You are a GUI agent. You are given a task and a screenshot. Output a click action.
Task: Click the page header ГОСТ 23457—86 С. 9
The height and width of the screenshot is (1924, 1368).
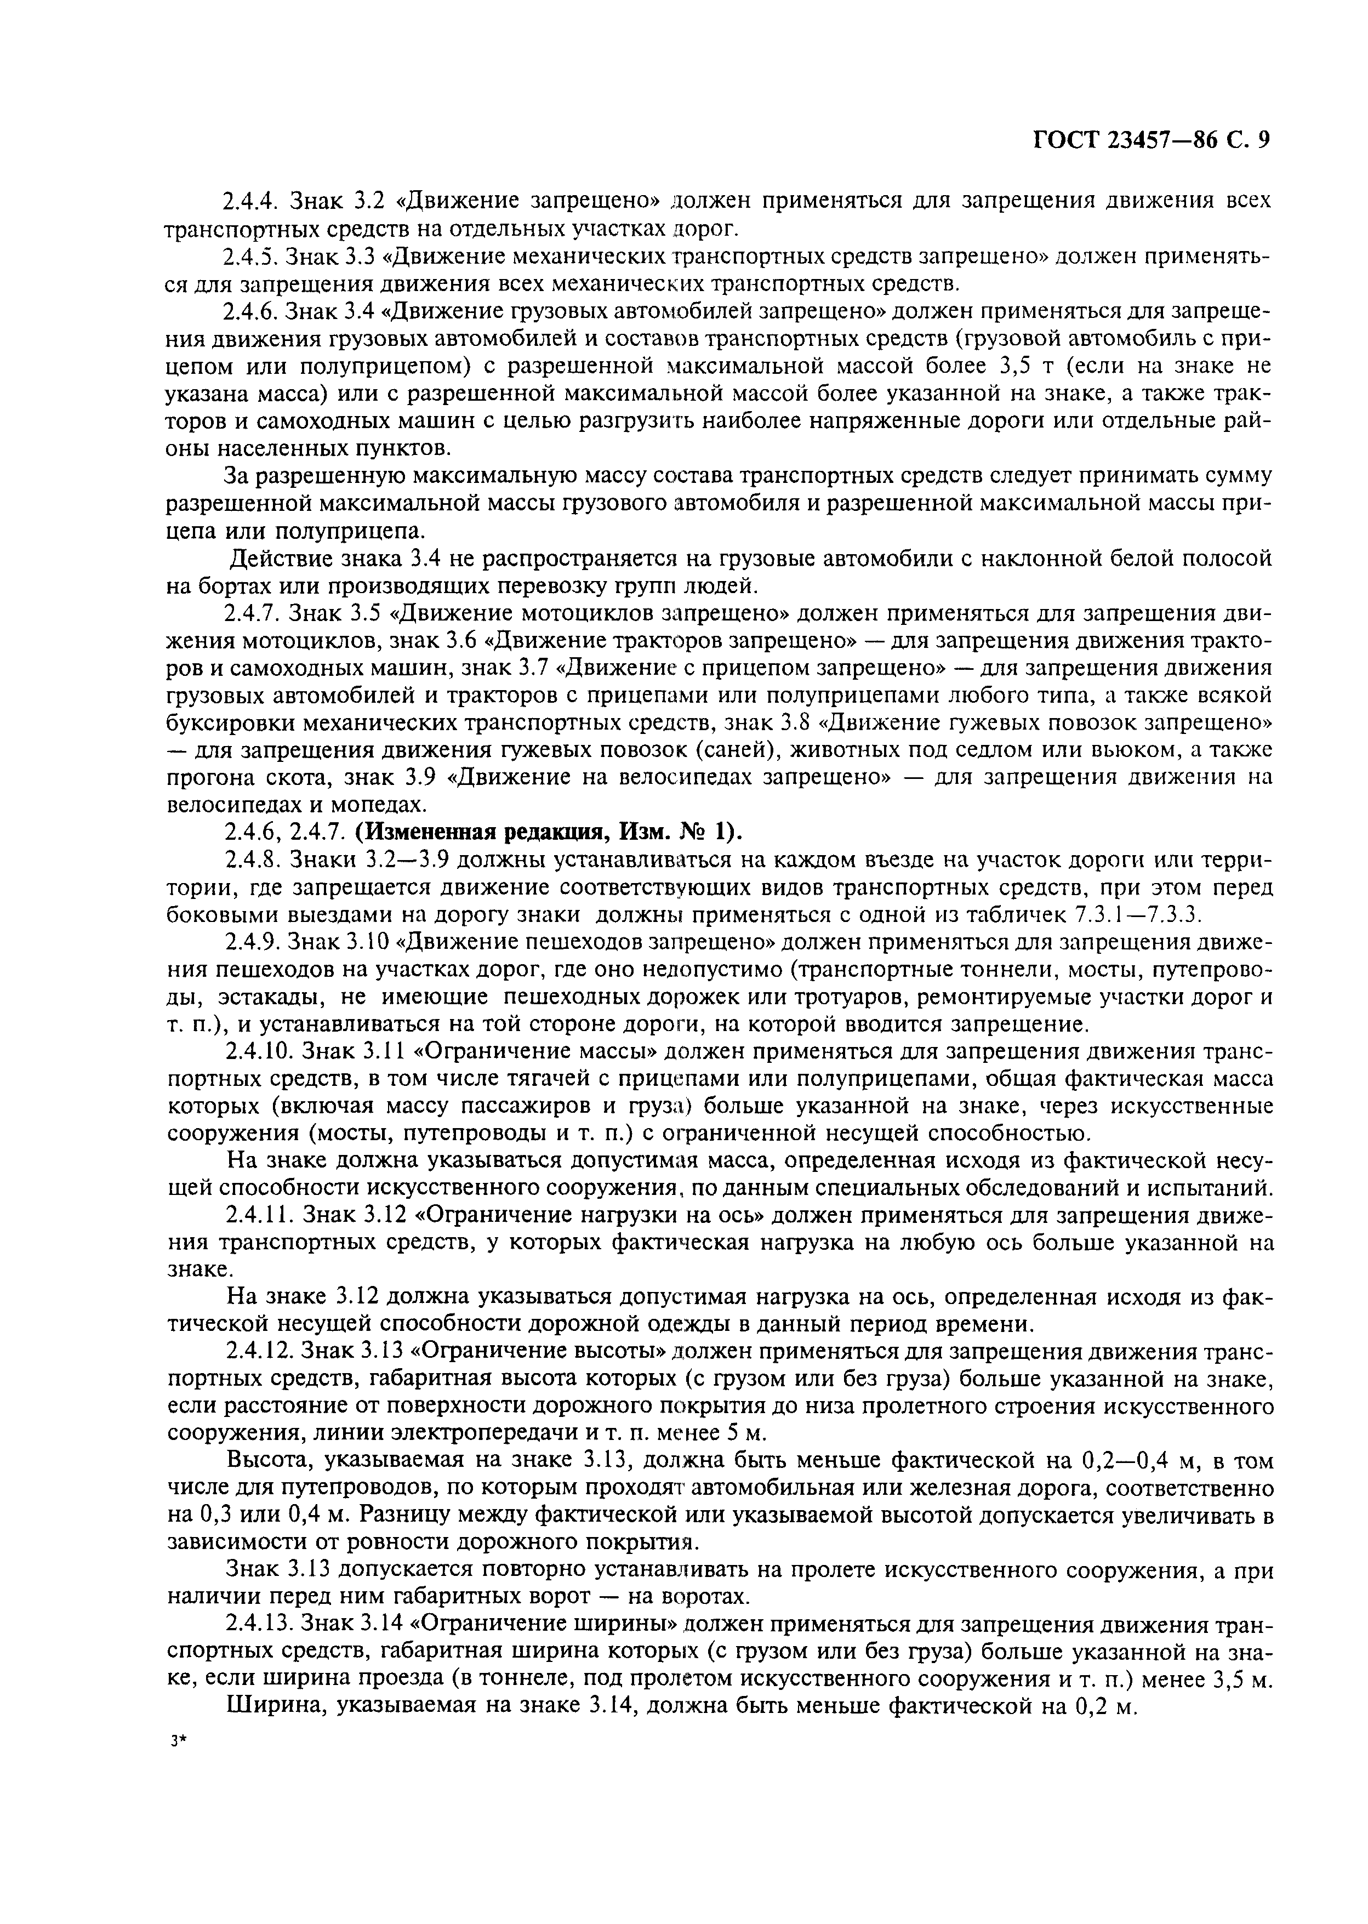coord(1150,141)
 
